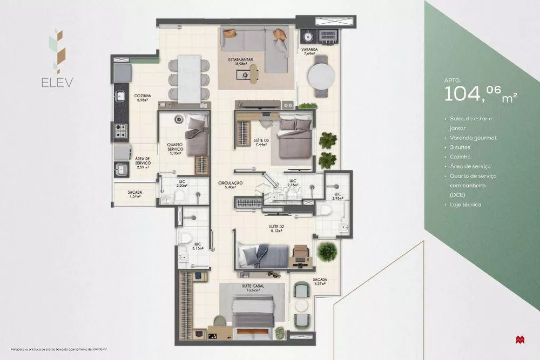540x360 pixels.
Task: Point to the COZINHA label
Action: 143,98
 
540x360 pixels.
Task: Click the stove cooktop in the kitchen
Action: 120,130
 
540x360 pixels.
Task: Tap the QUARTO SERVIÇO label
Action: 174,148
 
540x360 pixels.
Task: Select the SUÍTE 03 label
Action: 261,142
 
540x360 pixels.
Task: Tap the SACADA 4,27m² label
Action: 319,282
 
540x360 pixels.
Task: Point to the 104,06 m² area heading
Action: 481,94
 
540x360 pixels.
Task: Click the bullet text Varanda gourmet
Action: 473,138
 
